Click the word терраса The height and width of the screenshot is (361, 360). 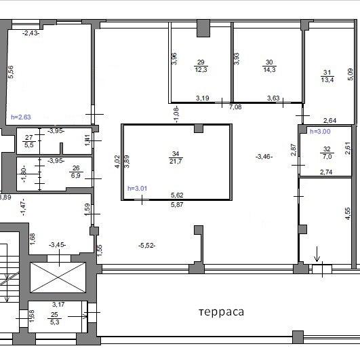point(221,312)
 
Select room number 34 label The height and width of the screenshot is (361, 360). point(176,154)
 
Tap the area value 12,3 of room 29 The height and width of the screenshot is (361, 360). point(201,69)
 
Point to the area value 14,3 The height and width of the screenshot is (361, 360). point(269,69)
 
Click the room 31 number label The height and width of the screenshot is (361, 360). point(327,73)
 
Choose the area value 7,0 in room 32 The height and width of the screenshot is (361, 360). point(327,157)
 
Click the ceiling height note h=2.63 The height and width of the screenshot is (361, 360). point(21,117)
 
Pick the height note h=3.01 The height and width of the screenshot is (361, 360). point(138,189)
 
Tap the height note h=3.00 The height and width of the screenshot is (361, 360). point(320,132)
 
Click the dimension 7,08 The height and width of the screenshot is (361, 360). point(235,107)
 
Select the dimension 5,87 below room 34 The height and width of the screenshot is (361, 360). point(177,205)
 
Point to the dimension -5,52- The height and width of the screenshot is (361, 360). point(146,246)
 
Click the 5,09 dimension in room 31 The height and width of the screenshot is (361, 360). point(350,75)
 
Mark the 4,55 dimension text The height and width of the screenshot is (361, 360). point(348,214)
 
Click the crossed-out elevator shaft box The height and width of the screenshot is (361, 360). point(58,278)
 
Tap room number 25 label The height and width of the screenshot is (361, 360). point(54,314)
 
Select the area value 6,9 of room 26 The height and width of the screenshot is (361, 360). point(76,176)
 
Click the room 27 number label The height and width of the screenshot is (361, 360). point(28,138)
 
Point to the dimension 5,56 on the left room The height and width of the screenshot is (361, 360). point(11,72)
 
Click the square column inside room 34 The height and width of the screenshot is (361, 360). point(199,128)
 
